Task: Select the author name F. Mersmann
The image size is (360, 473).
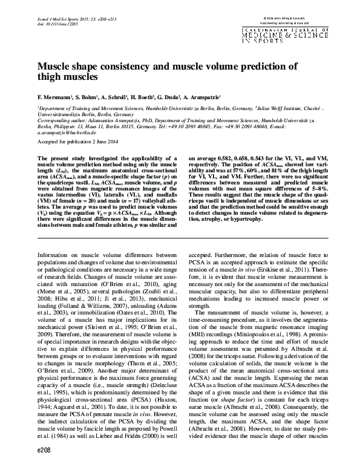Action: (x=55, y=96)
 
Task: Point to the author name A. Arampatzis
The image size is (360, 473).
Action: (x=200, y=96)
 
